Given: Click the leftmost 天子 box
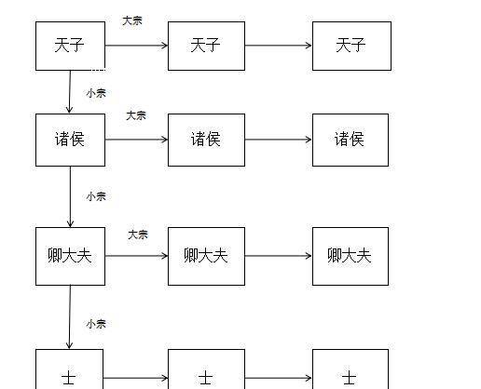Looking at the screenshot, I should coord(70,46).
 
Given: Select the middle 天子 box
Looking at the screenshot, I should coord(206,46).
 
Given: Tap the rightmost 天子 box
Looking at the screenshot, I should coord(350,46).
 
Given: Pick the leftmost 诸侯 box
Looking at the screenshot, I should coord(70,140).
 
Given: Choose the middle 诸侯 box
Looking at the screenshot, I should coord(206,140).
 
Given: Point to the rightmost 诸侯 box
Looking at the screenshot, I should coord(350,140).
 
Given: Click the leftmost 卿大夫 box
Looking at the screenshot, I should coord(70,255).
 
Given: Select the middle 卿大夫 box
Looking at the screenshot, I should coord(206,255).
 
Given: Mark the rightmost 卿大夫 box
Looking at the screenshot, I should coord(350,255).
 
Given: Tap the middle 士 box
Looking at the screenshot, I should coord(206,372).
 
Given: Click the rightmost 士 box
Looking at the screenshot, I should coord(350,372).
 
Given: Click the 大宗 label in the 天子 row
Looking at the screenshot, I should coord(132,20).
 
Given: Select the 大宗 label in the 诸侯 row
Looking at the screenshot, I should coord(136,115).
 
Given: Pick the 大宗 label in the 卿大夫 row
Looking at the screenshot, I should coord(138,234).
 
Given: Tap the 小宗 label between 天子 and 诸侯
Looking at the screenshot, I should coord(95,93).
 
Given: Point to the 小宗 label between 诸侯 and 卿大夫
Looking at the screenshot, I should coord(95,196).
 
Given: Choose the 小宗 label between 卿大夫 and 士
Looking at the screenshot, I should coord(95,324).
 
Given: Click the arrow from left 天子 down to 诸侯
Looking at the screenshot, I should coord(70,92).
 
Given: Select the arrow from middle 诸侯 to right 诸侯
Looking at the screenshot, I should coord(278,140).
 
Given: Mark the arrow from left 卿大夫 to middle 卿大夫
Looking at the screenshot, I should coord(136,255).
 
